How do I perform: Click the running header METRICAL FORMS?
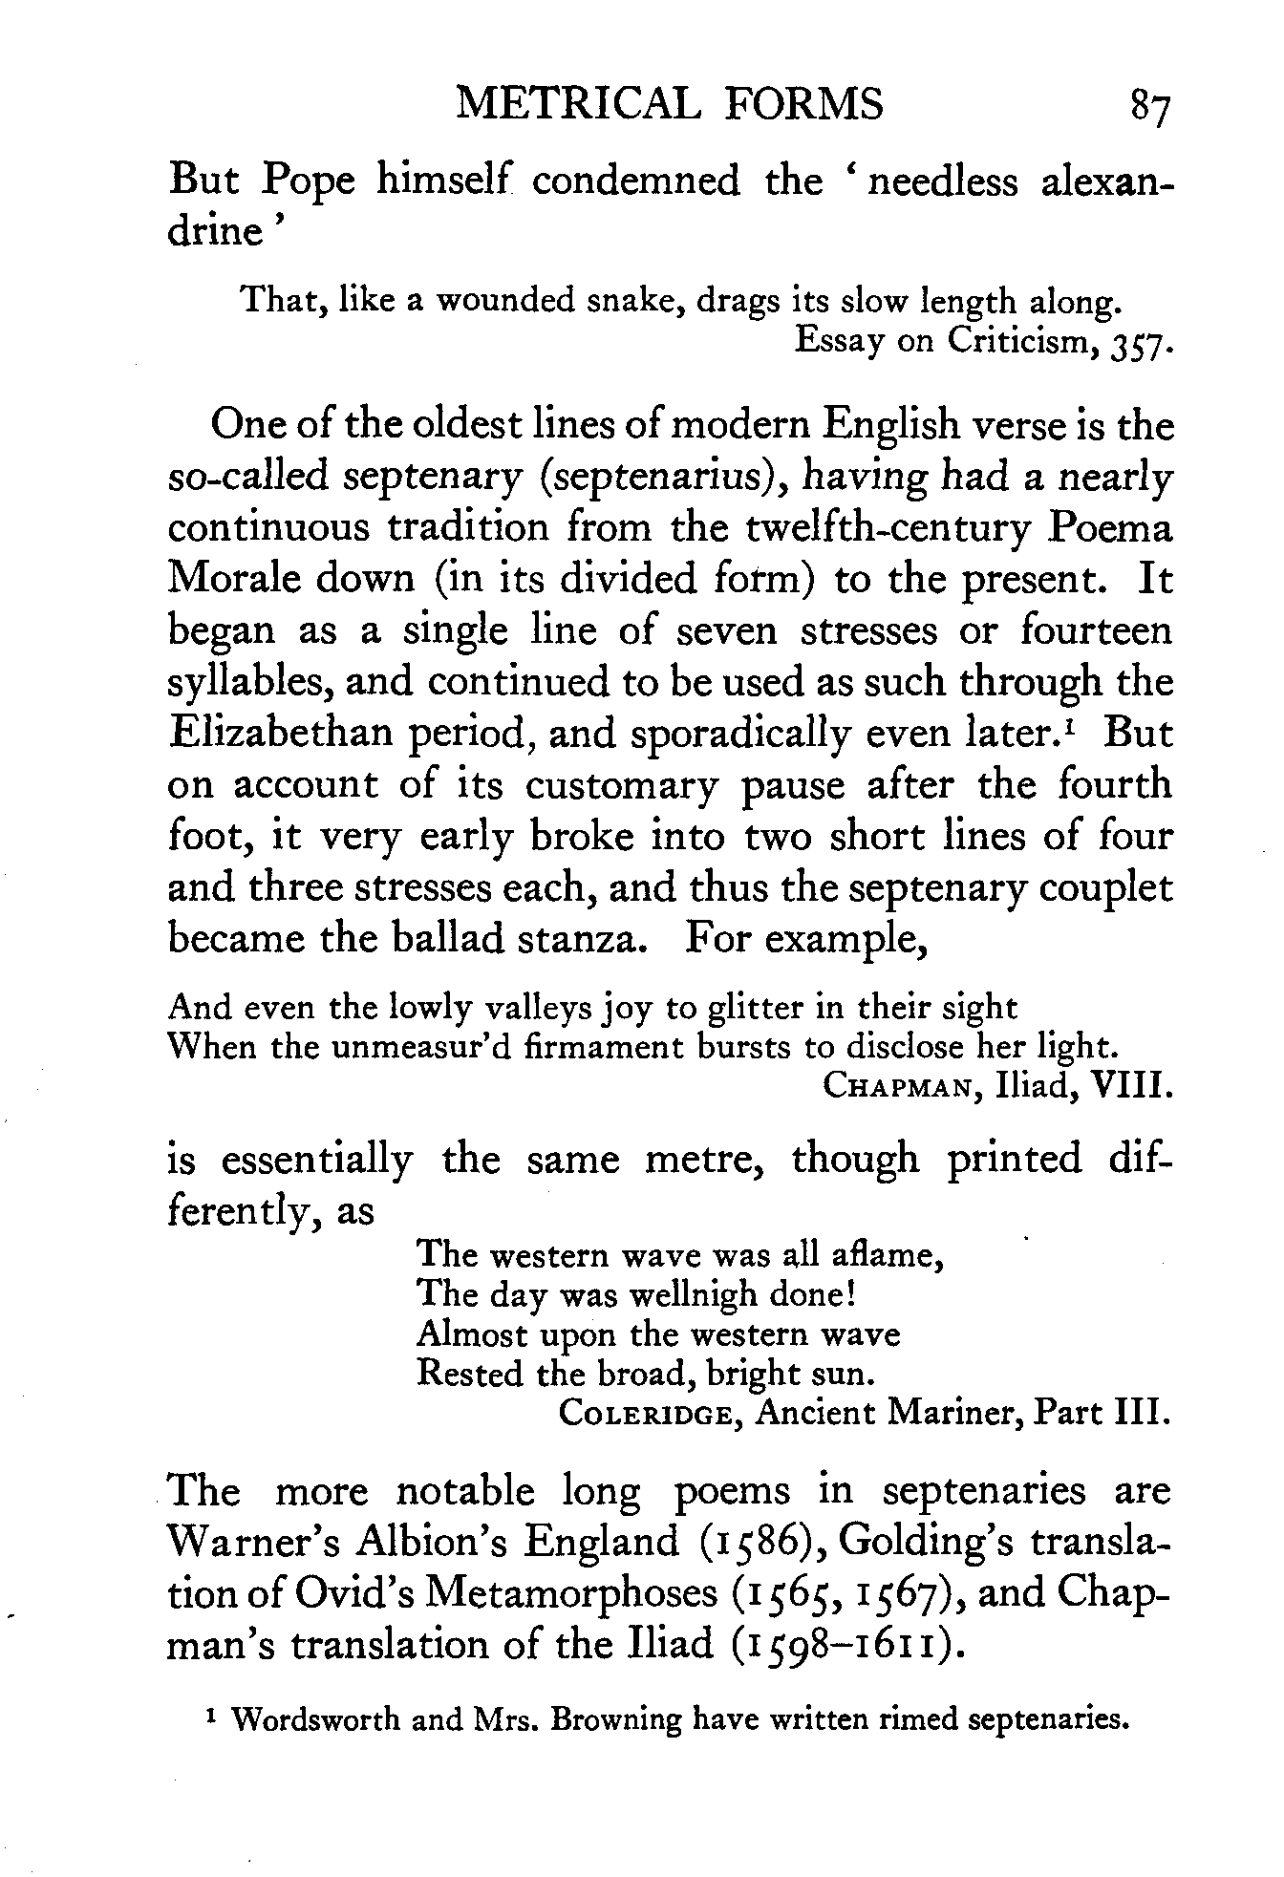[670, 104]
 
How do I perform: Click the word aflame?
[894, 1254]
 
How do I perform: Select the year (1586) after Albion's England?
[737, 1543]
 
